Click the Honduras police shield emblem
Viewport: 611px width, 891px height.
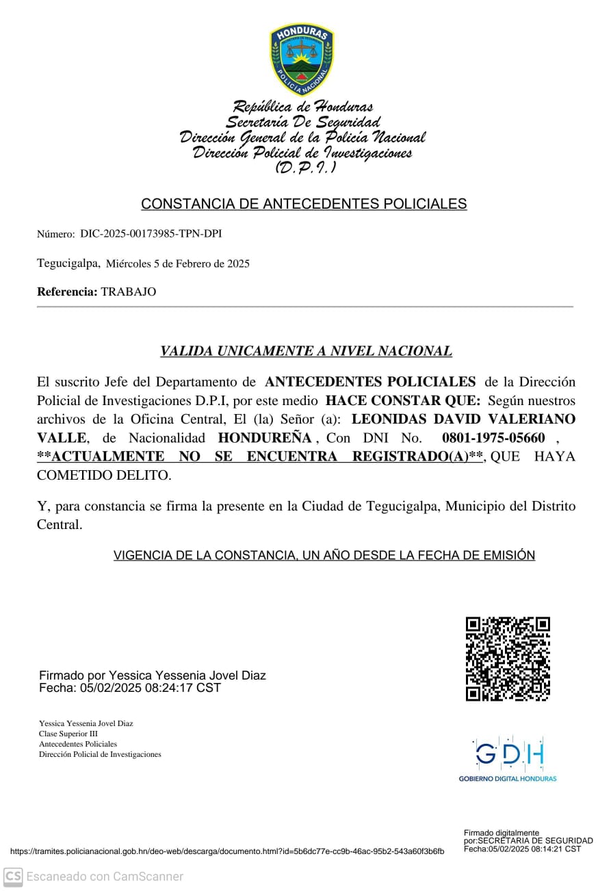pos(302,60)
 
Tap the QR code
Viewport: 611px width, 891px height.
pos(508,659)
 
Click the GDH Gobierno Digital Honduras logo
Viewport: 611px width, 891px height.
pos(508,759)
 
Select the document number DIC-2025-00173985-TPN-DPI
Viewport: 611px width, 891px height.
pos(151,234)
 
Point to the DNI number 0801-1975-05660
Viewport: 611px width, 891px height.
pos(493,437)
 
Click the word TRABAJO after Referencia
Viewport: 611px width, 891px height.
pos(129,292)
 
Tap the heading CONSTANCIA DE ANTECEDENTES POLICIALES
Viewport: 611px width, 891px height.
pos(304,204)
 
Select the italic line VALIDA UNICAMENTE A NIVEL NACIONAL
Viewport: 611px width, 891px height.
pos(306,351)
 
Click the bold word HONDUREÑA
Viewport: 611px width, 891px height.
pos(264,437)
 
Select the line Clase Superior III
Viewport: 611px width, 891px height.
pos(68,734)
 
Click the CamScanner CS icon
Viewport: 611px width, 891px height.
pos(13,876)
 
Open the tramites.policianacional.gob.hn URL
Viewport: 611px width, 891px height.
pos(226,851)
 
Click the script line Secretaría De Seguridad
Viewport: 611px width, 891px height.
pos(302,122)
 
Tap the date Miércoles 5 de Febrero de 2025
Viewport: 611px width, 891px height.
pos(178,263)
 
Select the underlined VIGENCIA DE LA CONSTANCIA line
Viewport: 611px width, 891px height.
pos(324,555)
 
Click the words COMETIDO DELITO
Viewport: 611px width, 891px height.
pos(103,474)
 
